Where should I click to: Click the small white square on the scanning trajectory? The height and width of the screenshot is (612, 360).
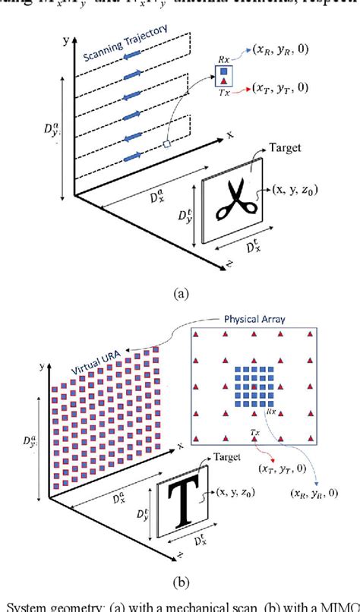point(166,143)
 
